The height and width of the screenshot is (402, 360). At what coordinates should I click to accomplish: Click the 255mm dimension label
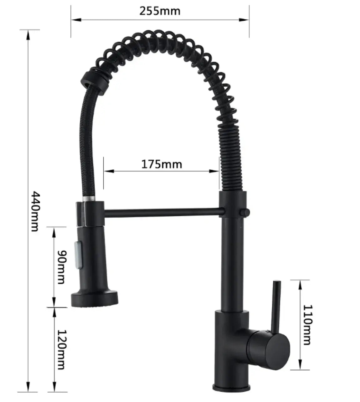[x=160, y=11]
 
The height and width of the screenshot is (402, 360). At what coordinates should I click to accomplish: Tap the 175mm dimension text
[x=162, y=164]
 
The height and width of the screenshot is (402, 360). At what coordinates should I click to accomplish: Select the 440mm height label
[x=36, y=212]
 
